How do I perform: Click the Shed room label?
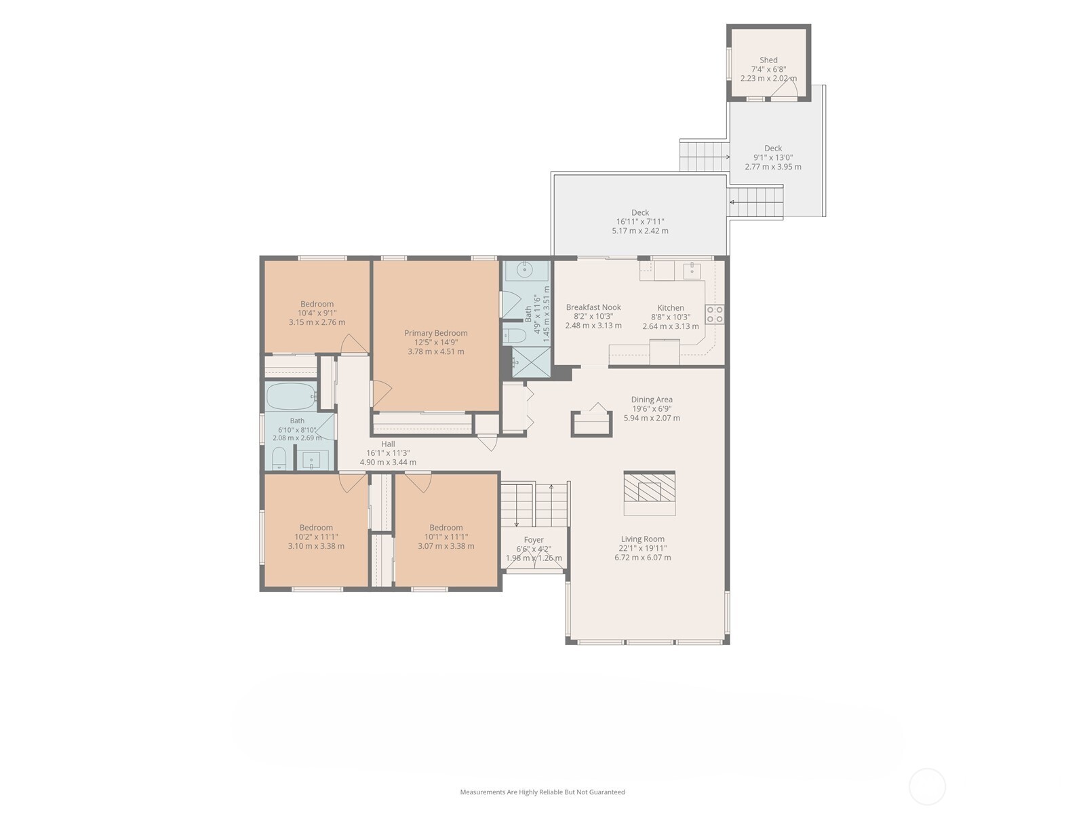click(x=768, y=60)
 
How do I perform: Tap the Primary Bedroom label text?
click(x=435, y=333)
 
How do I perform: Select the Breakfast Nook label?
click(x=593, y=307)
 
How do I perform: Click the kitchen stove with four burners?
click(x=714, y=314)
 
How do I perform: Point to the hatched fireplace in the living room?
click(x=649, y=487)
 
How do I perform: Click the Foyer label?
click(x=534, y=540)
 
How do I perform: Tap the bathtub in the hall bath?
click(x=291, y=396)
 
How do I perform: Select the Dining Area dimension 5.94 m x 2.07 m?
click(x=652, y=418)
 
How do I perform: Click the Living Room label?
click(x=643, y=539)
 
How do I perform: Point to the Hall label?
click(x=388, y=444)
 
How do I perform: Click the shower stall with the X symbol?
click(x=530, y=362)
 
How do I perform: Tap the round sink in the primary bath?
click(x=524, y=269)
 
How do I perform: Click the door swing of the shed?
click(x=784, y=90)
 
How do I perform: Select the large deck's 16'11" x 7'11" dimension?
click(x=640, y=222)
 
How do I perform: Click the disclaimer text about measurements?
click(x=542, y=792)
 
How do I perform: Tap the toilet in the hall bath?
click(x=279, y=458)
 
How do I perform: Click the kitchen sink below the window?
click(x=692, y=270)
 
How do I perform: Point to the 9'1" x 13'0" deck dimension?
click(x=772, y=157)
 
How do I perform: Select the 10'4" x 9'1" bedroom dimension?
click(x=317, y=313)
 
